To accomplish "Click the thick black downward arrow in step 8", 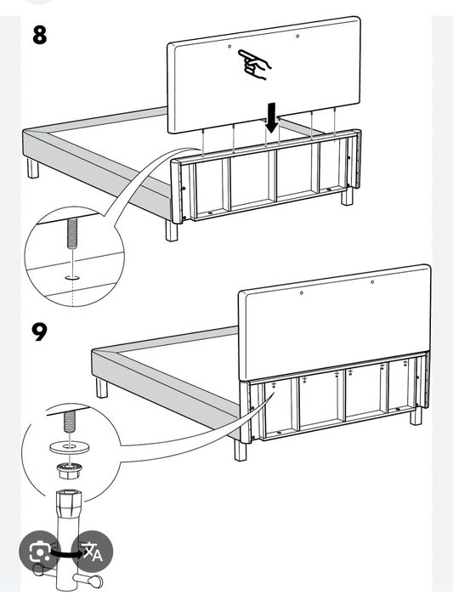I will pos(271,118).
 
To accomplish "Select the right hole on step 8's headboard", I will pos(297,36).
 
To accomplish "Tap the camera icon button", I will pos(39,552).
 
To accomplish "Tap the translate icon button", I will pos(91,552).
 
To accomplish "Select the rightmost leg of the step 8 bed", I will pos(347,196).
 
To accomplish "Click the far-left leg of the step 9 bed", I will pos(102,388).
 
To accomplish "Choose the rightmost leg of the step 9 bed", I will pos(416,416).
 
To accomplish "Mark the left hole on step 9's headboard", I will pos(303,294).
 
